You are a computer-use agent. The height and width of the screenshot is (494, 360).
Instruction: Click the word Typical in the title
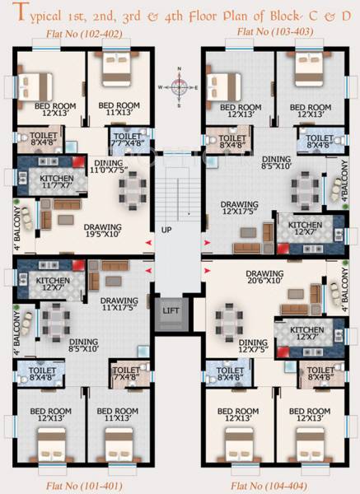point(41,13)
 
